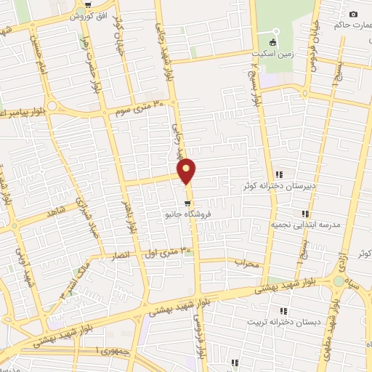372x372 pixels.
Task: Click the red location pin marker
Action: [x=187, y=171]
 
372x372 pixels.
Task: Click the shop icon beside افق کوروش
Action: [x=88, y=6]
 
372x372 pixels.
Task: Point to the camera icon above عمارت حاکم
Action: [x=353, y=15]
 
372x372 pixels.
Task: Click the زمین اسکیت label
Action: [x=272, y=53]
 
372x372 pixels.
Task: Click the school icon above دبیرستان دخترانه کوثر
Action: [x=280, y=174]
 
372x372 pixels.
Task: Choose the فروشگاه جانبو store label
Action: [x=187, y=215]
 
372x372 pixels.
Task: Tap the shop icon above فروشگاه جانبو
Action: [x=187, y=203]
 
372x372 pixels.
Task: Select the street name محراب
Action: [x=247, y=263]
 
